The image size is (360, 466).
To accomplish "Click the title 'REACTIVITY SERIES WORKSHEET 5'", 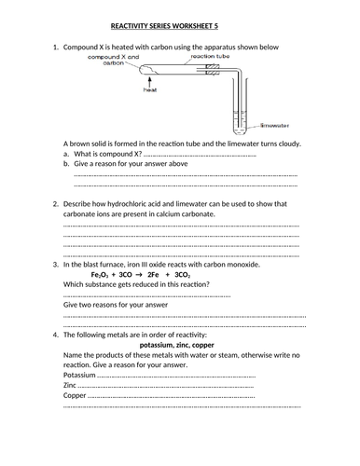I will (178, 28).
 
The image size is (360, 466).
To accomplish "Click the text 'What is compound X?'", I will (103, 154).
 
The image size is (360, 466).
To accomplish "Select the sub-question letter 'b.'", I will (67, 164).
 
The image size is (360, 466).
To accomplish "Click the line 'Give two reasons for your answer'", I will (115, 305).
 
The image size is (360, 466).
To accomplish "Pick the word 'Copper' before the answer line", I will (75, 395).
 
